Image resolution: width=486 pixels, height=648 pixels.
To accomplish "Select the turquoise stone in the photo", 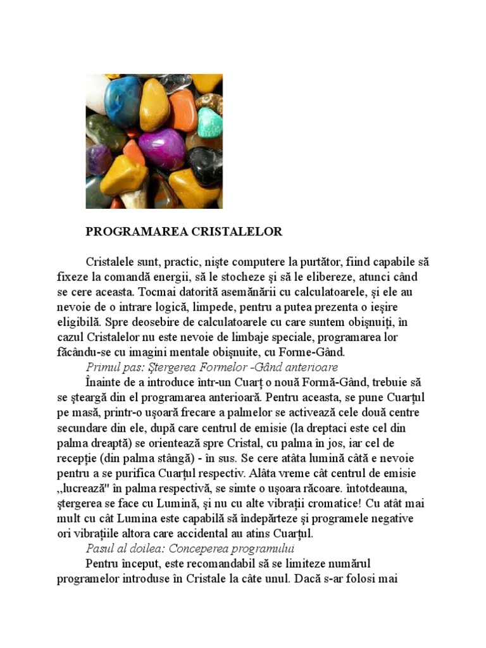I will [209, 122].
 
